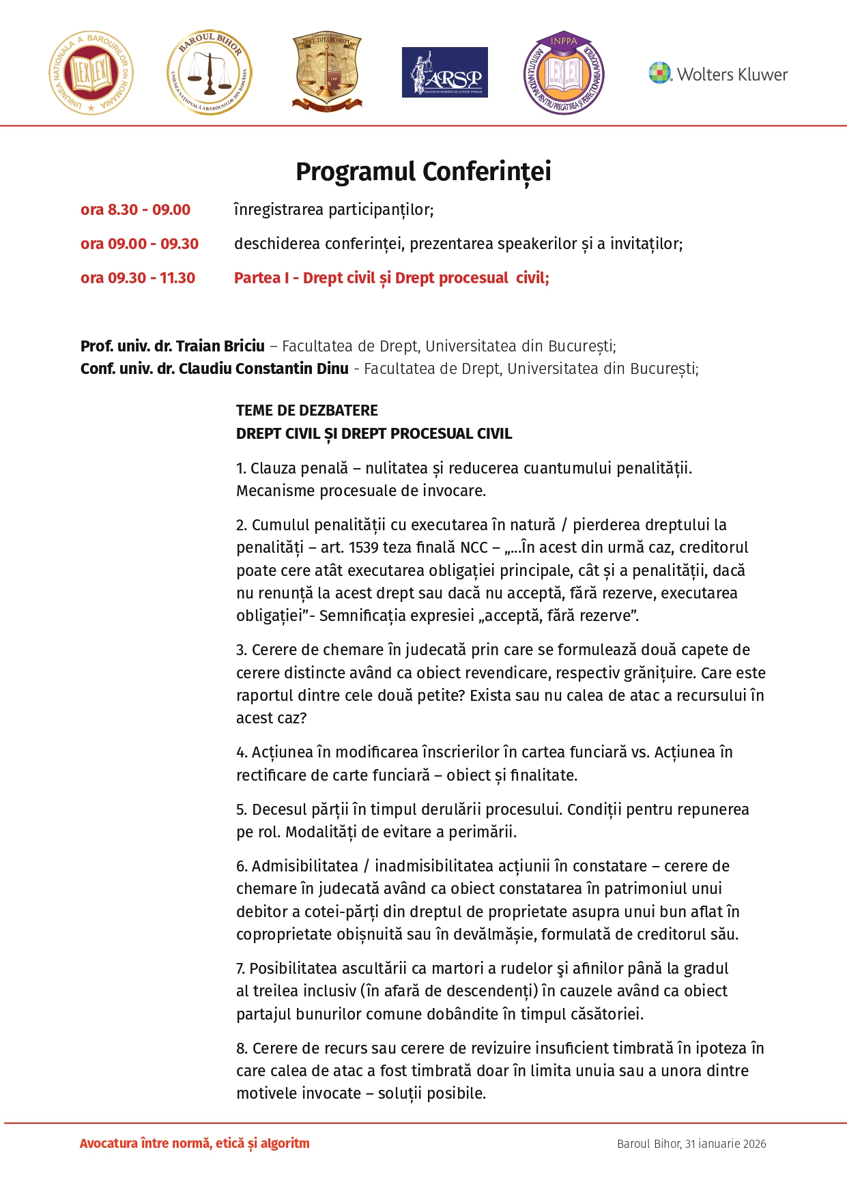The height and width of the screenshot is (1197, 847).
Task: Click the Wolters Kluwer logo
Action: pyautogui.click(x=718, y=74)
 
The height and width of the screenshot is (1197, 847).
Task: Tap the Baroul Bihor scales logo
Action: pyautogui.click(x=210, y=72)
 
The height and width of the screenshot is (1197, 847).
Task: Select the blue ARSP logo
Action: pyautogui.click(x=444, y=72)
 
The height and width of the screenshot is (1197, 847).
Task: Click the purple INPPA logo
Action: pyautogui.click(x=564, y=72)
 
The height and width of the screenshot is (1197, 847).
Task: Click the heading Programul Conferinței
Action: pyautogui.click(x=423, y=171)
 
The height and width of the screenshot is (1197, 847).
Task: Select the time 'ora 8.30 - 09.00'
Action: pyautogui.click(x=135, y=210)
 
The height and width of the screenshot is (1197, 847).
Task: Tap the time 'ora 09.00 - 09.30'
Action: pyautogui.click(x=139, y=244)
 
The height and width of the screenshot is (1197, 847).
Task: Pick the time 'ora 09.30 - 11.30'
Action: pyautogui.click(x=138, y=278)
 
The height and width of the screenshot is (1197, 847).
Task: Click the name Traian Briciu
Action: pyautogui.click(x=220, y=346)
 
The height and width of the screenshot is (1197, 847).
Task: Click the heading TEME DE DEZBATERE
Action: pyautogui.click(x=306, y=410)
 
